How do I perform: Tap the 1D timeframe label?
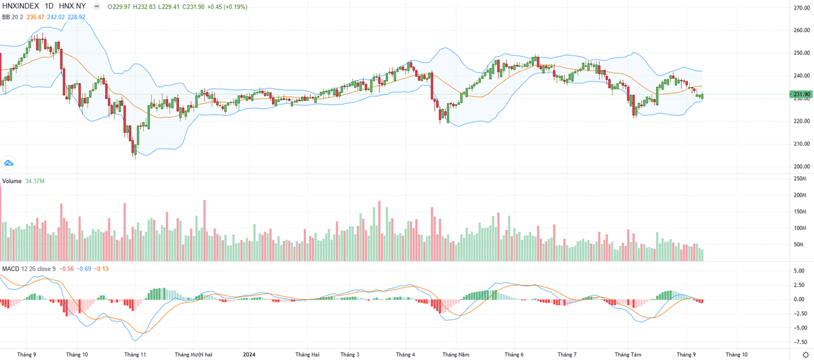click(50, 6)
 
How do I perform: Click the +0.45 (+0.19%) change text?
click(228, 6)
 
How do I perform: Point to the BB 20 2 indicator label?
click(12, 16)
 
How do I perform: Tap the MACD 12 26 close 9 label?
click(28, 269)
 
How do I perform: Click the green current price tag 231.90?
click(802, 94)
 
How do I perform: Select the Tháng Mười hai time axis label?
click(193, 354)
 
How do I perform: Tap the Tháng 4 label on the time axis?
click(406, 354)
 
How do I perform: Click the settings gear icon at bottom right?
click(805, 354)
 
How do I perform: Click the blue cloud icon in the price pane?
click(9, 163)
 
